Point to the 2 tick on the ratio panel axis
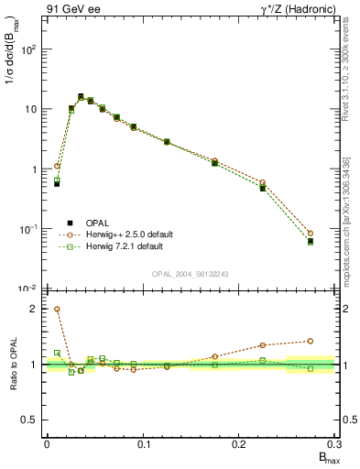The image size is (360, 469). pos(34,309)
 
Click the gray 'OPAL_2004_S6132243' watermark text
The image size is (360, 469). pos(190,274)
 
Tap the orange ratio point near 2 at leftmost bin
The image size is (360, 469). pos(57,310)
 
